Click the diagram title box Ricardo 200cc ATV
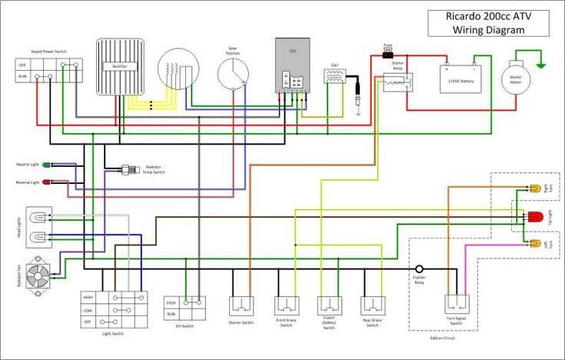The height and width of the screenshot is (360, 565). pyautogui.click(x=489, y=23)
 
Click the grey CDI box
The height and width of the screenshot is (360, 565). pyautogui.click(x=293, y=65)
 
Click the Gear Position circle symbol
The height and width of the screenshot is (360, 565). pyautogui.click(x=233, y=74)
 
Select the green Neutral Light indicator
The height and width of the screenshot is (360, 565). pyautogui.click(x=46, y=165)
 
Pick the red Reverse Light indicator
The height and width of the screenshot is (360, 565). pyautogui.click(x=46, y=182)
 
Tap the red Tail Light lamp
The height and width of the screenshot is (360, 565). pyautogui.click(x=533, y=216)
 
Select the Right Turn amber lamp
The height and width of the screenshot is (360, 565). pyautogui.click(x=534, y=188)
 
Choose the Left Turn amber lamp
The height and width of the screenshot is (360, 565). pyautogui.click(x=534, y=244)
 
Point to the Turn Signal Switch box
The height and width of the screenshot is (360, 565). pyautogui.click(x=456, y=306)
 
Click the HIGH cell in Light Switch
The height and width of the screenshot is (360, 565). pyautogui.click(x=90, y=297)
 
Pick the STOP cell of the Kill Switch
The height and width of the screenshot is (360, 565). pyautogui.click(x=172, y=302)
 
